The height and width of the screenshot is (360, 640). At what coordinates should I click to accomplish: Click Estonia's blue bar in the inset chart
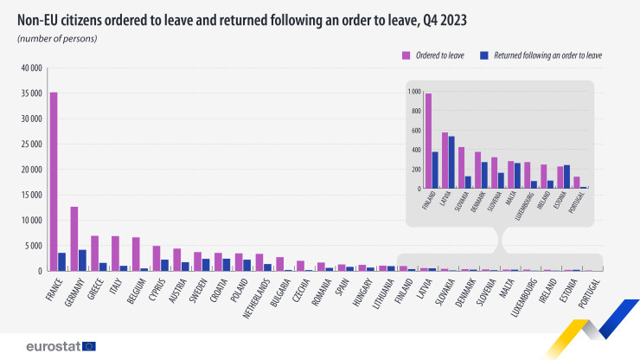click(x=566, y=177)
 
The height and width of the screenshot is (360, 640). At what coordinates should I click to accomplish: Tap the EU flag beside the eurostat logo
click(x=88, y=346)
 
